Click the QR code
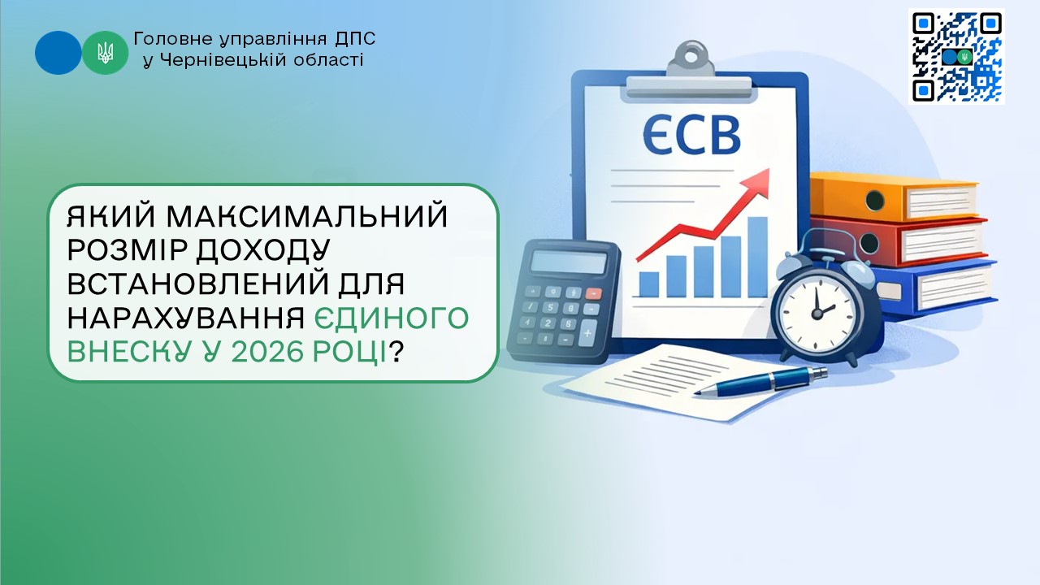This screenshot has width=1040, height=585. pos(956,56)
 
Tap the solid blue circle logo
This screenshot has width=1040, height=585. pos(58,53)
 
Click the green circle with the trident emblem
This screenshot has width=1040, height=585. pos(106,53)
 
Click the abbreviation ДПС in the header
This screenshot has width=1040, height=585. pos(355,39)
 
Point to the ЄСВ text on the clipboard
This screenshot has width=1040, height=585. pos(691,135)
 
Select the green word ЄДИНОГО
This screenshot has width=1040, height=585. pos(392,318)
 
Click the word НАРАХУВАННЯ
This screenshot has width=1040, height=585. pos(186,318)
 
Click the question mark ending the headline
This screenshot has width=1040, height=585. pos(395,352)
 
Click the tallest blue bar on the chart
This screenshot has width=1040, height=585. pos(758,257)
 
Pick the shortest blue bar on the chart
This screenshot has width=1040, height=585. pos(649,284)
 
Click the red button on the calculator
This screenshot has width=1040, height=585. pos(593,293)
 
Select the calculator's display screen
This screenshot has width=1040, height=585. pos(570,262)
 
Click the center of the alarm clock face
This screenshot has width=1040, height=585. pos(817,314)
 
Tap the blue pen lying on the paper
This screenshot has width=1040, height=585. pos(760,381)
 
